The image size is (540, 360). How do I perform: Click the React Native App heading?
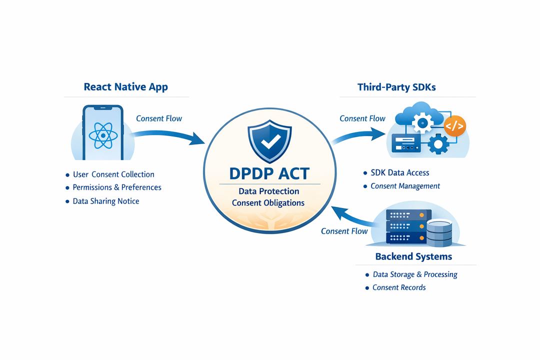pyautogui.click(x=125, y=86)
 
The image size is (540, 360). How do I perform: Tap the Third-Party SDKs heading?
pyautogui.click(x=396, y=87)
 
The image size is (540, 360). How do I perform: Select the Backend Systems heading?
pyautogui.click(x=413, y=256)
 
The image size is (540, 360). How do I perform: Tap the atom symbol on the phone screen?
pyautogui.click(x=103, y=135)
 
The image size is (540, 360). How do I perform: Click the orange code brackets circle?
pyautogui.click(x=454, y=126)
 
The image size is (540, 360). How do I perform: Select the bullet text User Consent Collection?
pyautogui.click(x=113, y=174)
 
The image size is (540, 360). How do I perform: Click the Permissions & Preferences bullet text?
pyautogui.click(x=117, y=187)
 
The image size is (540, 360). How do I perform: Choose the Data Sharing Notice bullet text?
pyautogui.click(x=106, y=201)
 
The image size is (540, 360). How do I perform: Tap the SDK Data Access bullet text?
pyautogui.click(x=399, y=172)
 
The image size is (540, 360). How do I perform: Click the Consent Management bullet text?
pyautogui.click(x=405, y=186)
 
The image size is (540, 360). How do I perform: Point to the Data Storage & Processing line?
pyautogui.click(x=415, y=274)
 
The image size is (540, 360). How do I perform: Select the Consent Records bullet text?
pyautogui.click(x=399, y=287)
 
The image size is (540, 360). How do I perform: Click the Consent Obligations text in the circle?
pyautogui.click(x=268, y=202)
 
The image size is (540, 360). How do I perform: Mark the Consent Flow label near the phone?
pyautogui.click(x=159, y=118)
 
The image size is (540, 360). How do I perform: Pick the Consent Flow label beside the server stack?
pyautogui.click(x=344, y=231)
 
